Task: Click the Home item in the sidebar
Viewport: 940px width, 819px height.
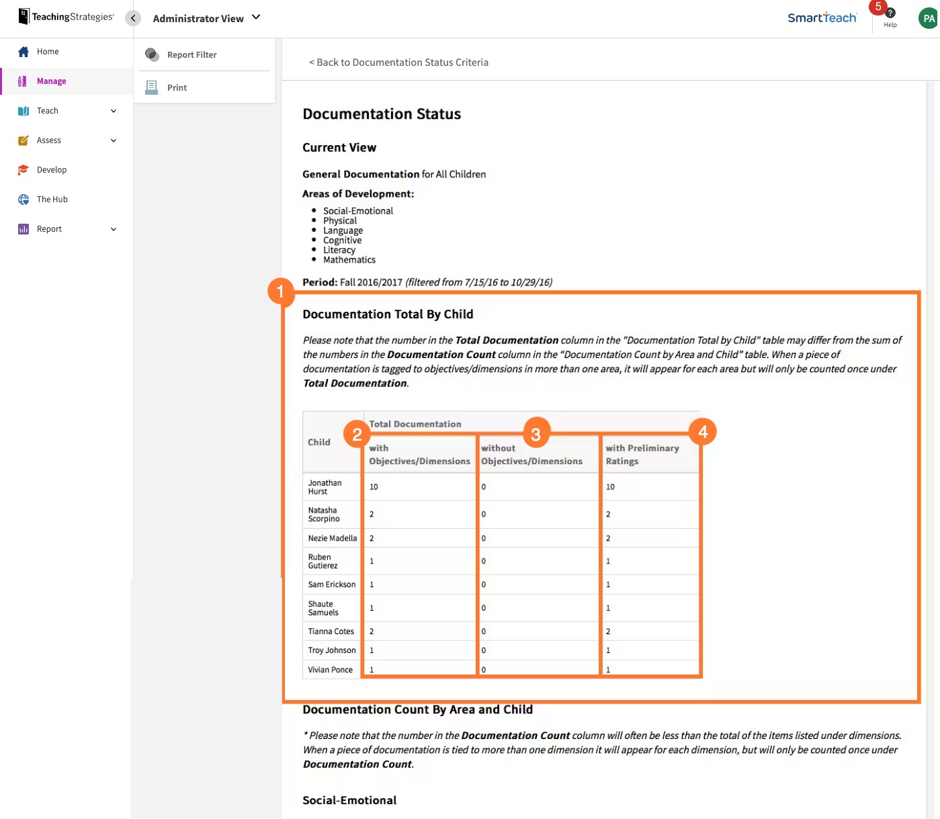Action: click(x=47, y=52)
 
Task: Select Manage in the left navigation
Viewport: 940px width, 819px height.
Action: click(x=51, y=81)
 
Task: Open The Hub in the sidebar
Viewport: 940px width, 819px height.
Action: click(x=52, y=200)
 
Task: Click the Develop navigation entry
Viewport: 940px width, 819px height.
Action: click(x=51, y=170)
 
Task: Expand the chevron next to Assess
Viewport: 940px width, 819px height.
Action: click(x=114, y=140)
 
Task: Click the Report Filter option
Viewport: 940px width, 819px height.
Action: click(x=191, y=55)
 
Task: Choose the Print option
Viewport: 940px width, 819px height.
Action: click(x=177, y=88)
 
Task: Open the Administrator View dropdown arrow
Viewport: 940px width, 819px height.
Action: click(x=256, y=17)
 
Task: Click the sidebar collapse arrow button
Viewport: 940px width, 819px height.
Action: click(x=133, y=18)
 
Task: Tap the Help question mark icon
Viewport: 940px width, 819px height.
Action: click(x=890, y=13)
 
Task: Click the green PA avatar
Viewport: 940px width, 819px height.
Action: click(x=928, y=18)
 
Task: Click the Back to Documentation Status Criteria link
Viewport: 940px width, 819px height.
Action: click(x=398, y=62)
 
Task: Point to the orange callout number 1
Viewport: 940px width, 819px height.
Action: click(x=281, y=292)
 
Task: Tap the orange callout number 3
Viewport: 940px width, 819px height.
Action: click(x=536, y=435)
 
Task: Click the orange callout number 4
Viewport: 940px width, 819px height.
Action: click(x=703, y=432)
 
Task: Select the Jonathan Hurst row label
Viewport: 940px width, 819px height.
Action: click(x=325, y=487)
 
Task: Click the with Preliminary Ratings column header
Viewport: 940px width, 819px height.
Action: click(x=642, y=455)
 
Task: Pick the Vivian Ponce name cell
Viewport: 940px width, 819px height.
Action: click(x=330, y=670)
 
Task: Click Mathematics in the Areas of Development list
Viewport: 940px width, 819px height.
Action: click(x=349, y=260)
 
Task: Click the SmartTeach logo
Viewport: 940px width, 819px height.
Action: click(x=822, y=18)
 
